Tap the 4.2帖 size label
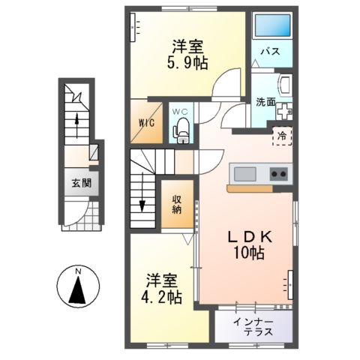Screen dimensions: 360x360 (x=162, y=297)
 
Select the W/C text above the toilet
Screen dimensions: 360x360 (x=181, y=112)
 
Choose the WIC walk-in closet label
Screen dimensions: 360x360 (x=147, y=123)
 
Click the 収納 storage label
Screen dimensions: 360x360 (x=178, y=204)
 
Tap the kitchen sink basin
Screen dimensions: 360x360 (x=244, y=175)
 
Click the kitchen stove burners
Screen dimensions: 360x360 (x=278, y=175)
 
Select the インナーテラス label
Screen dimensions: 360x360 (x=253, y=328)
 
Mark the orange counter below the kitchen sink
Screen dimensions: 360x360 (x=250, y=188)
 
